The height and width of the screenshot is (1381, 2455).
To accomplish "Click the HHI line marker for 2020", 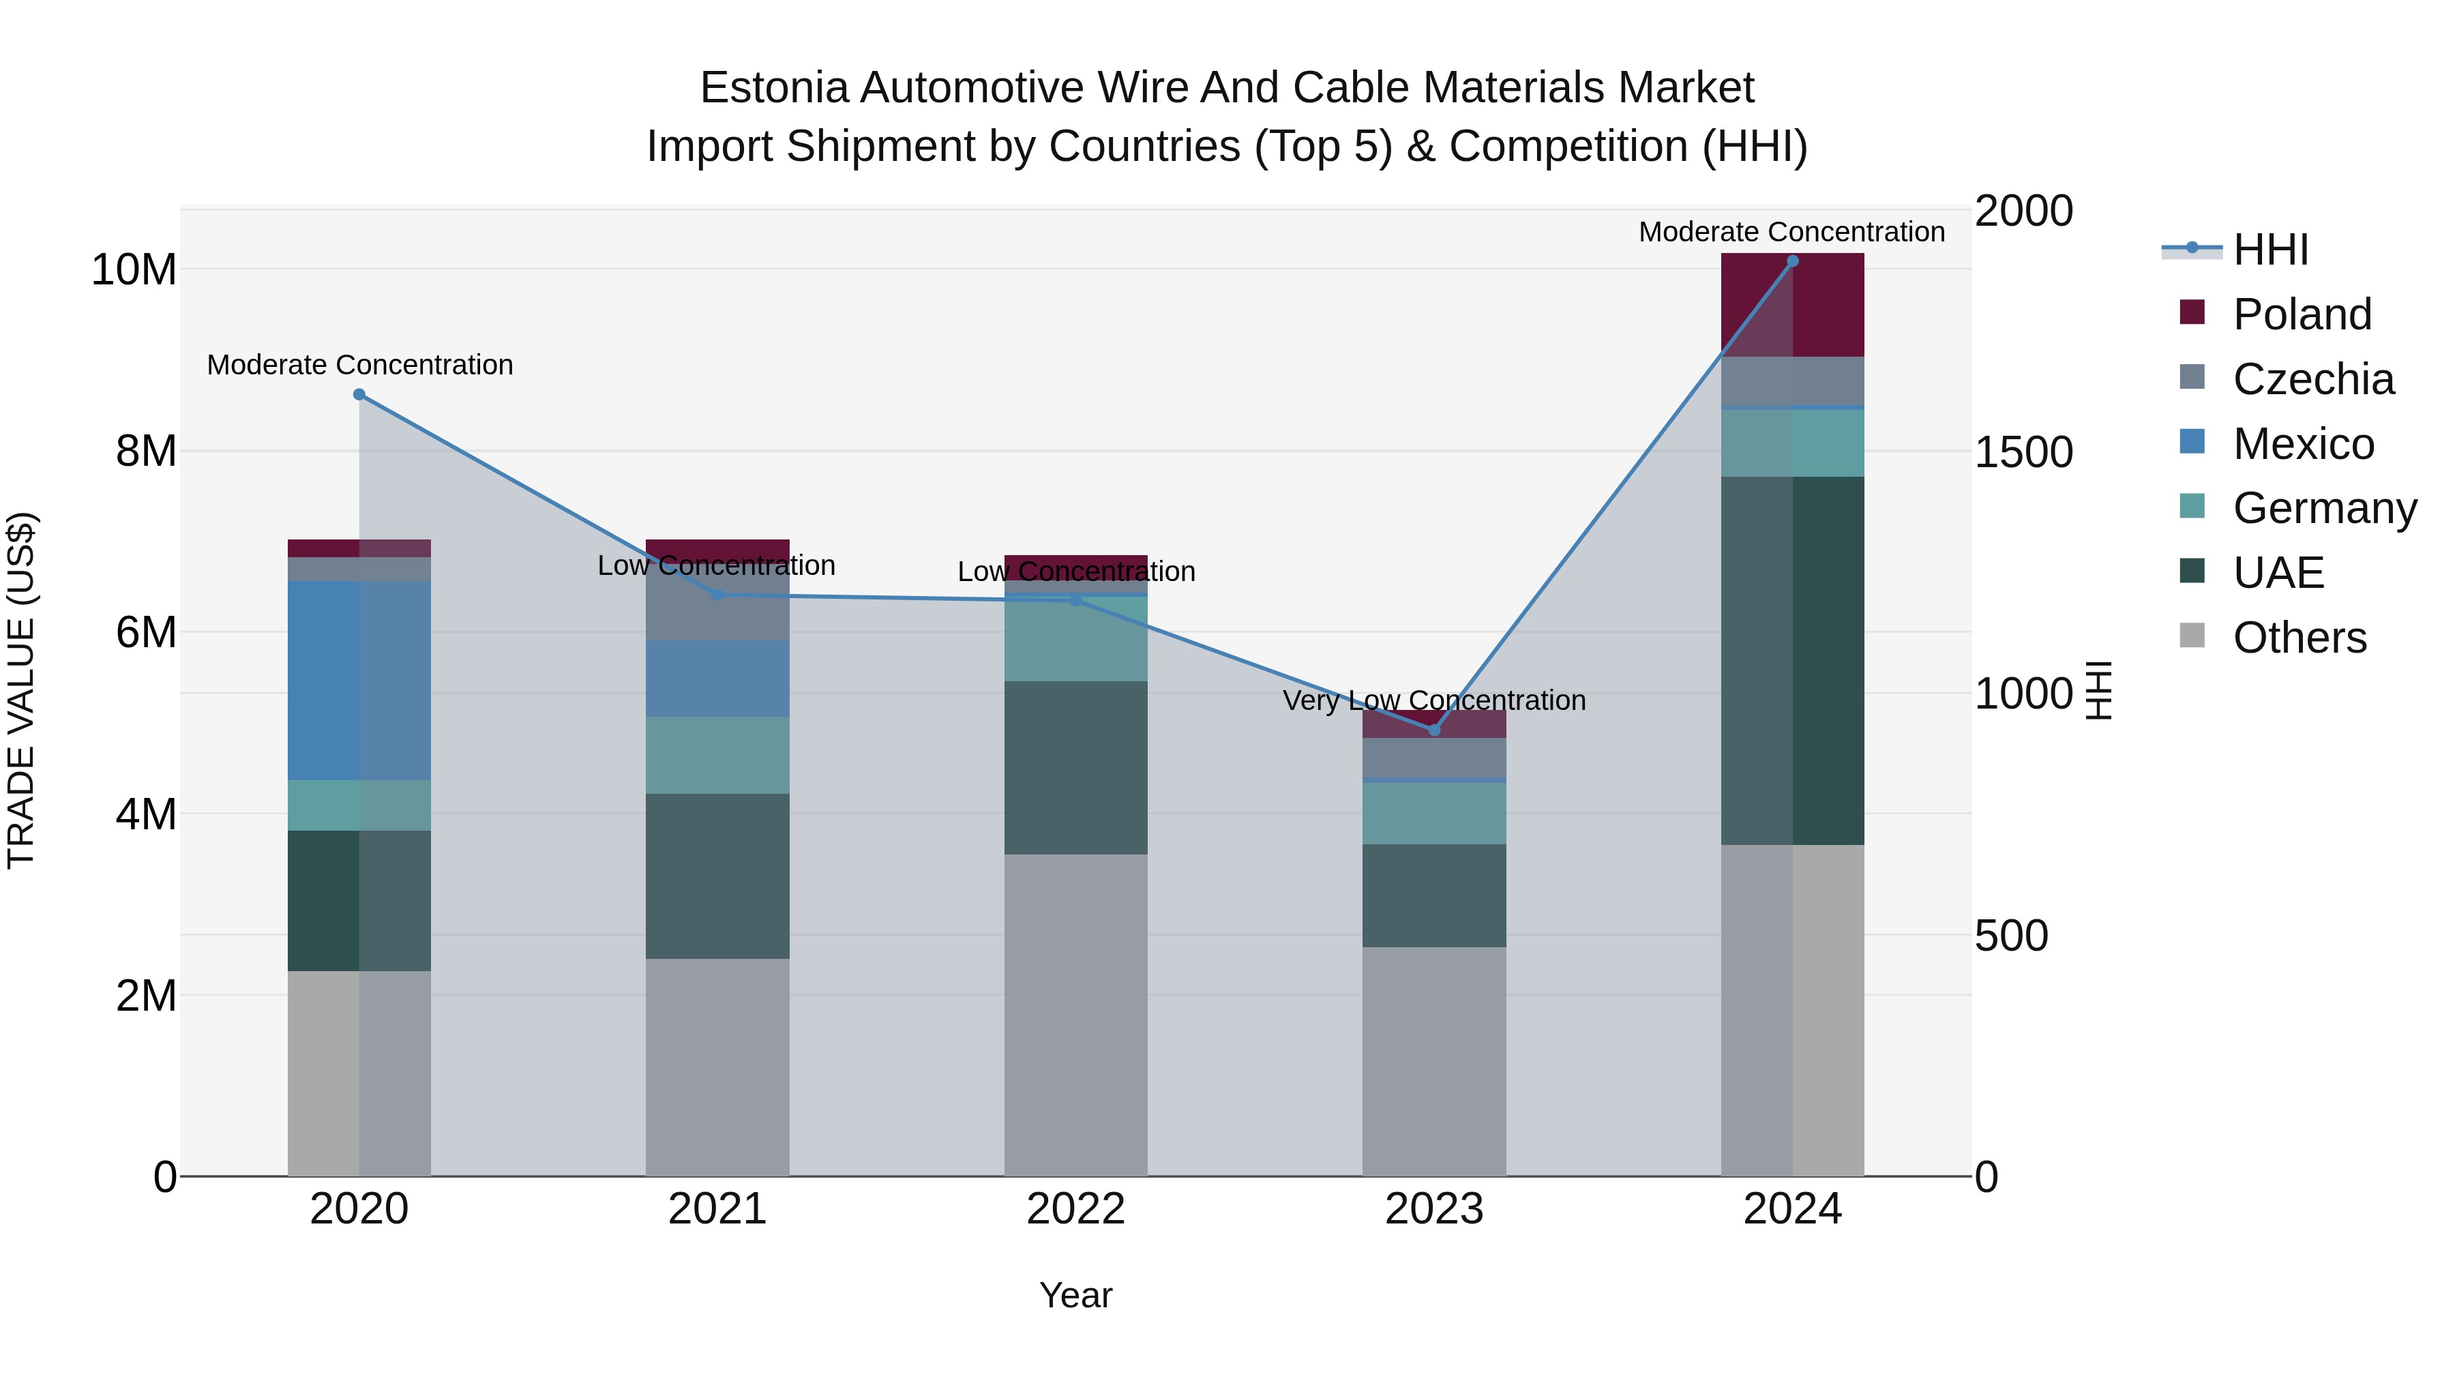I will tap(359, 395).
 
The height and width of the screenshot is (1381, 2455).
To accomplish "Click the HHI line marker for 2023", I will tap(1434, 730).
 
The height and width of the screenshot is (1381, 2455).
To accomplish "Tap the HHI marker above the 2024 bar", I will tap(1793, 261).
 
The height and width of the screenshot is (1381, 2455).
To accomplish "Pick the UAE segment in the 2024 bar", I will tap(1793, 660).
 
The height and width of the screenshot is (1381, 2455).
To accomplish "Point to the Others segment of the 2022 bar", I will tap(1076, 1015).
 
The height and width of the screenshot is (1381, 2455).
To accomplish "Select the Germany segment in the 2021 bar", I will tap(717, 755).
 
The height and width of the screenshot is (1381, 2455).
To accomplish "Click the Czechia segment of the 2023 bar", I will tap(1434, 758).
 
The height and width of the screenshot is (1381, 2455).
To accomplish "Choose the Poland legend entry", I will tap(2302, 314).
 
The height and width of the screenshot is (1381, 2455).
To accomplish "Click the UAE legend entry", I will tap(2278, 573).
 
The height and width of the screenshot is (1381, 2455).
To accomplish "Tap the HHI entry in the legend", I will tap(2270, 250).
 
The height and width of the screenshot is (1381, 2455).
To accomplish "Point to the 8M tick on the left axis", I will tap(146, 451).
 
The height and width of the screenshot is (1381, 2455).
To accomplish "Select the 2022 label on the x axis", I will tap(1076, 1209).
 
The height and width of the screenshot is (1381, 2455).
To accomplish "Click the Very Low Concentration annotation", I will tap(1434, 700).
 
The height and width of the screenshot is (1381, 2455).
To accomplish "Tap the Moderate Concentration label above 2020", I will tap(359, 365).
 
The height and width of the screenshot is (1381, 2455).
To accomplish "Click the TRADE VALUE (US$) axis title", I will tap(22, 690).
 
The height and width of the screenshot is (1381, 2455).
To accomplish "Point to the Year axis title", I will tap(1076, 1295).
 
